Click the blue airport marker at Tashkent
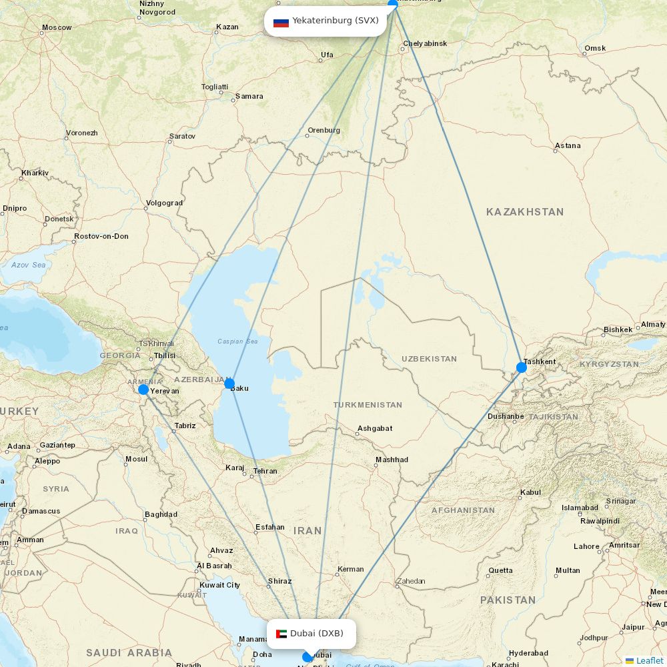pos(522,367)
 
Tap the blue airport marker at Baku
pos(229,384)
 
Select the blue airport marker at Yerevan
pos(143,390)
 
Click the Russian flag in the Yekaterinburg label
pos(281,21)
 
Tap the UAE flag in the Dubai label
pos(281,634)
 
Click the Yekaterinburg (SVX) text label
pos(336,21)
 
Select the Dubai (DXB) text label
pos(317,633)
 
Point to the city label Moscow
pos(57,28)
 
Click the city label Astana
pos(568,145)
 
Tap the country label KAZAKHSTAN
pos(525,212)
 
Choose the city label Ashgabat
pos(375,428)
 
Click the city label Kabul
pos(530,493)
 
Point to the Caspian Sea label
pos(237,342)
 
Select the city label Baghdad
pos(161,514)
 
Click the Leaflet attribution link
pos(649,660)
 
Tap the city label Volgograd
pos(164,203)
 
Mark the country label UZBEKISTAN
pos(429,359)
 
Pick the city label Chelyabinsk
pos(425,44)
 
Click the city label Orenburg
pos(323,130)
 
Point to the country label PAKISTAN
pos(508,600)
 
